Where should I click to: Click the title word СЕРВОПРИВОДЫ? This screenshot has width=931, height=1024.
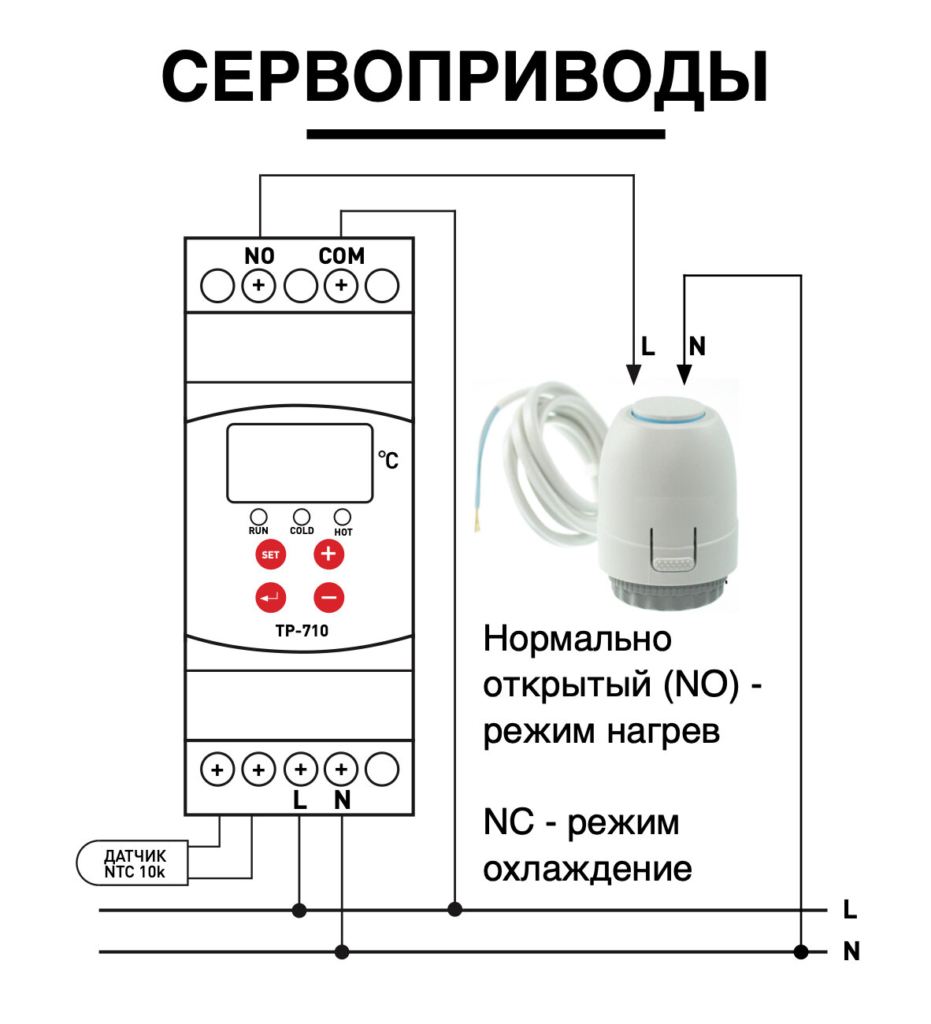pyautogui.click(x=465, y=77)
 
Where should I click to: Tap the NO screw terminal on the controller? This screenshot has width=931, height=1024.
pyautogui.click(x=258, y=285)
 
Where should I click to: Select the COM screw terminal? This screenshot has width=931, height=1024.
pyautogui.click(x=341, y=285)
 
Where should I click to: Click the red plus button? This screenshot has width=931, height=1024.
pyautogui.click(x=328, y=554)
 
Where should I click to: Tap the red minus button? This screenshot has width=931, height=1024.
pyautogui.click(x=328, y=597)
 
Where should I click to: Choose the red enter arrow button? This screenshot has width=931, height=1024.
pyautogui.click(x=270, y=597)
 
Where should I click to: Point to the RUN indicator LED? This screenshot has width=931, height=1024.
pyautogui.click(x=258, y=517)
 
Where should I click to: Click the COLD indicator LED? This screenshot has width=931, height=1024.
pyautogui.click(x=301, y=517)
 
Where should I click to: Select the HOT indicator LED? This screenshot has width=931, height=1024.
pyautogui.click(x=343, y=517)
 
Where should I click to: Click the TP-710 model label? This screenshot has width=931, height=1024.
pyautogui.click(x=302, y=631)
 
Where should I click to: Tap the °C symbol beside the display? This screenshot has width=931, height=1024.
pyautogui.click(x=388, y=459)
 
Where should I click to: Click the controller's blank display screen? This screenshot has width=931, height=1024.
pyautogui.click(x=299, y=463)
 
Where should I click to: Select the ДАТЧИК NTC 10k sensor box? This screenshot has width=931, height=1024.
pyautogui.click(x=132, y=863)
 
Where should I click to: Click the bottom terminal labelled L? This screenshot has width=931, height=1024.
pyautogui.click(x=300, y=769)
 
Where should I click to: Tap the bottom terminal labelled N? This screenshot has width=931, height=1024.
pyautogui.click(x=341, y=769)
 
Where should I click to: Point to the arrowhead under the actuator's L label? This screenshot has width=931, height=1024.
pyautogui.click(x=633, y=375)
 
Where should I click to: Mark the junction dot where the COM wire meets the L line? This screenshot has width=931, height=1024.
pyautogui.click(x=454, y=910)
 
